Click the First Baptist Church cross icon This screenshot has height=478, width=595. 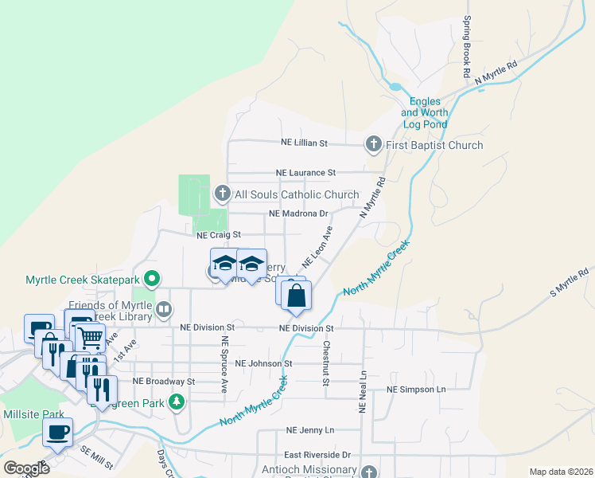[373, 144]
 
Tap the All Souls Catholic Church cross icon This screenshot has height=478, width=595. [223, 194]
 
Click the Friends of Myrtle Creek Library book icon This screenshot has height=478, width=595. [163, 309]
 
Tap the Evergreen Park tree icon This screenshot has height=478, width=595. [177, 403]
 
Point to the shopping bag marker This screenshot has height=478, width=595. [296, 296]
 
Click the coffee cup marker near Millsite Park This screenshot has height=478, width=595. [57, 433]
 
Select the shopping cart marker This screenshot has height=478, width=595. [90, 338]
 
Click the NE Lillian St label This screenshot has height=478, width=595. [305, 143]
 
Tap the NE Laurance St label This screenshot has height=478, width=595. [306, 172]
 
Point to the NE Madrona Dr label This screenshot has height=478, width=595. [298, 214]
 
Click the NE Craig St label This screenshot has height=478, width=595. [218, 235]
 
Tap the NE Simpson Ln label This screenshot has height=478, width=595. [417, 390]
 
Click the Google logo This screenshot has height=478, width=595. [26, 468]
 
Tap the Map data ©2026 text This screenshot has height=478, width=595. [561, 472]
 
